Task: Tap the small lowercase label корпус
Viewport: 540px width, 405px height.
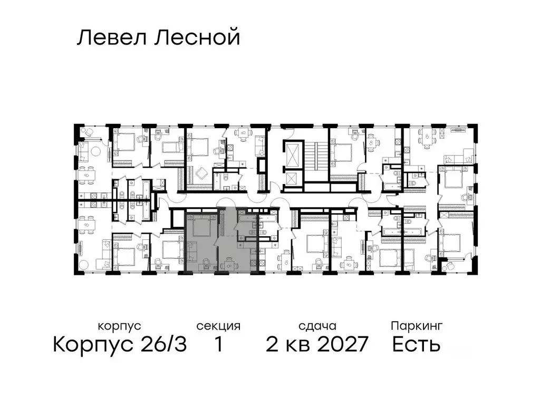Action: click(119, 326)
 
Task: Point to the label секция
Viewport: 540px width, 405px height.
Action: click(218, 326)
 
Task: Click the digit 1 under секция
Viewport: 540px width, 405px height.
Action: click(218, 345)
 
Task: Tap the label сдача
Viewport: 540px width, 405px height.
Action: click(316, 326)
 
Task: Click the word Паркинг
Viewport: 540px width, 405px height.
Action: click(417, 326)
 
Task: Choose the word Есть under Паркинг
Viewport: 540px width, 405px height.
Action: click(417, 345)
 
